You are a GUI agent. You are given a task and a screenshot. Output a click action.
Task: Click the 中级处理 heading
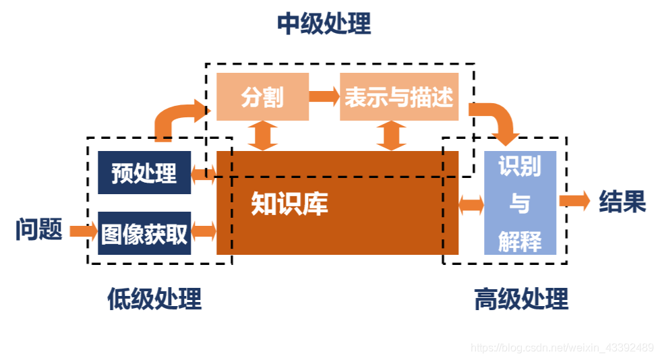(324, 24)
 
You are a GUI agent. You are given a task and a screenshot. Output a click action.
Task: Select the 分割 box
(262, 97)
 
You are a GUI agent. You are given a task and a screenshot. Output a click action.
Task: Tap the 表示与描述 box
(398, 97)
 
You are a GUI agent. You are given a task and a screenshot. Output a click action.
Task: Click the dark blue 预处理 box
(144, 173)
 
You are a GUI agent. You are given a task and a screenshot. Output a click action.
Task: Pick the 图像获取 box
(144, 233)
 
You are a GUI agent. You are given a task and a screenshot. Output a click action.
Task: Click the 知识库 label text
(289, 204)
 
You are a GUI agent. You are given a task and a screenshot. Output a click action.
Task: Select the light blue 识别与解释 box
(520, 203)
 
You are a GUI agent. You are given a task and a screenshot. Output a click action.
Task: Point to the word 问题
(39, 230)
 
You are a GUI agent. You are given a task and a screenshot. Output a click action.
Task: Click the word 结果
(622, 202)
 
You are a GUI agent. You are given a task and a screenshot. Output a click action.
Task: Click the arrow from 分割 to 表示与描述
(324, 96)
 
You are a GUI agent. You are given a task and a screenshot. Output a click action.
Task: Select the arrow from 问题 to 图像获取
(84, 231)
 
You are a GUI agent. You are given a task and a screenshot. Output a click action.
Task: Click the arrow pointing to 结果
(574, 201)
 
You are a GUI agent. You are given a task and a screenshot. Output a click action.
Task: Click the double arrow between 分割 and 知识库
(262, 136)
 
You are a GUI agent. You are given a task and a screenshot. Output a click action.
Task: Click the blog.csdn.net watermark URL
(562, 348)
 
